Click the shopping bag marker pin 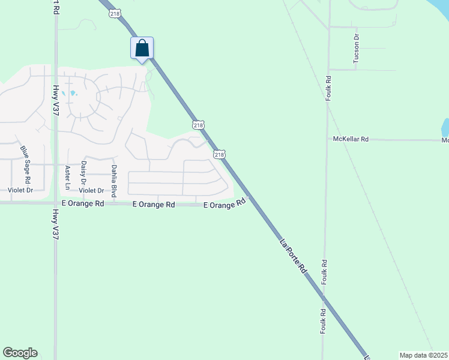click(142, 48)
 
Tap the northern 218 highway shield click(199, 125)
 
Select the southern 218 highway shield click(220, 154)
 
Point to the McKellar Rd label click(351, 139)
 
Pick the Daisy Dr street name click(83, 173)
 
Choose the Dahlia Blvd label click(113, 178)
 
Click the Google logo click(20, 353)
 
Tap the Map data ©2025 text click(423, 355)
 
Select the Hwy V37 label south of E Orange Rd click(55, 224)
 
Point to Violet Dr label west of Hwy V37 click(20, 190)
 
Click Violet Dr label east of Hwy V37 click(92, 190)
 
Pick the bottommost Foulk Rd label click(323, 321)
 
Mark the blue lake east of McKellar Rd click(445, 127)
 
